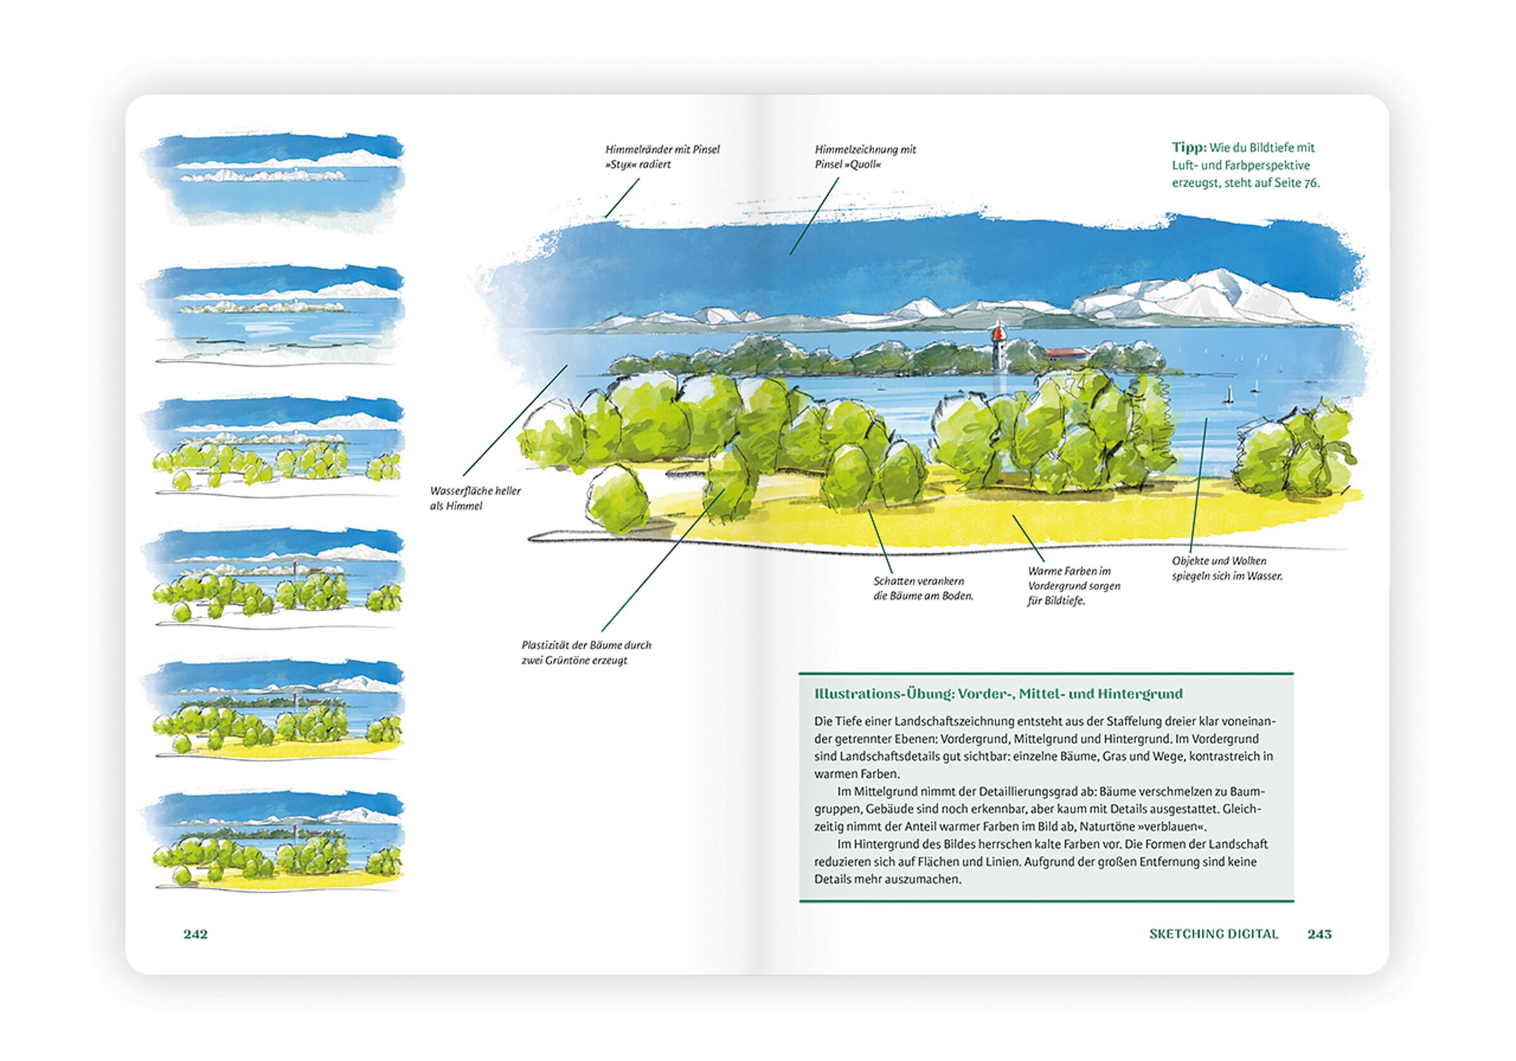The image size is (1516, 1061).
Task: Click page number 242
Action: click(195, 934)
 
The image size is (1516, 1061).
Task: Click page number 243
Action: click(1320, 934)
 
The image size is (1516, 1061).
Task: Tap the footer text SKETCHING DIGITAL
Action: click(1213, 934)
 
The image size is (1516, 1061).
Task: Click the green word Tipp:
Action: click(1189, 147)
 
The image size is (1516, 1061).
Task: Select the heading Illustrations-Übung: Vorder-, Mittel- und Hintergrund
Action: click(998, 694)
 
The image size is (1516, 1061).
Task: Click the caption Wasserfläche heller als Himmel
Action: click(474, 498)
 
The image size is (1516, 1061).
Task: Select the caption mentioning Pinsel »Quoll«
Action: click(865, 157)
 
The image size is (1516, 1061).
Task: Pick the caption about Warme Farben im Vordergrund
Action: click(1074, 585)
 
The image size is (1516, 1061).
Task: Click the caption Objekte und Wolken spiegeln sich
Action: click(1227, 568)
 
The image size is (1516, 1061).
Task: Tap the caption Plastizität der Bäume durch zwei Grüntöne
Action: click(586, 652)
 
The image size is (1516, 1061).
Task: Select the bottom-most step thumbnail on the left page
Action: click(274, 842)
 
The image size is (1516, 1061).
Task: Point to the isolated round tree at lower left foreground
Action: click(618, 496)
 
